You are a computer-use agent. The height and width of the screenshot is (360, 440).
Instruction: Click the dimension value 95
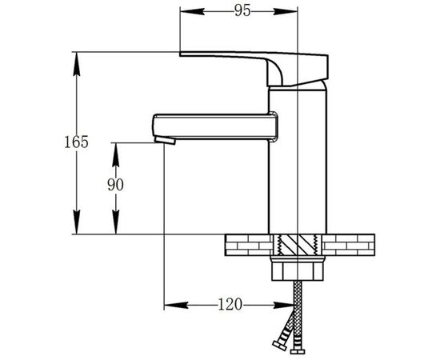point(242,11)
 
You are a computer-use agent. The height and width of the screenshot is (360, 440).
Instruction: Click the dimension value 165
point(76,142)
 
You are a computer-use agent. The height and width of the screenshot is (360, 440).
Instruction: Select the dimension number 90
point(115,185)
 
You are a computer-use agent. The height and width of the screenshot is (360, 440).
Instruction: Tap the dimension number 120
point(230,304)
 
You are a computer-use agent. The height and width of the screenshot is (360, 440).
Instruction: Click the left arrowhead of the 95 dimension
point(192,11)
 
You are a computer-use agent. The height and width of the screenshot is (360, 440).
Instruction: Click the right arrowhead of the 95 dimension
point(286,11)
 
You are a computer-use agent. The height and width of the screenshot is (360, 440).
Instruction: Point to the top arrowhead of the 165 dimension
point(76,64)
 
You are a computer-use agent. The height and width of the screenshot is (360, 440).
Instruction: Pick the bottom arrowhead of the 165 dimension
point(76,222)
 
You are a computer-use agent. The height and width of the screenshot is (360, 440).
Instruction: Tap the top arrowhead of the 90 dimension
point(116,155)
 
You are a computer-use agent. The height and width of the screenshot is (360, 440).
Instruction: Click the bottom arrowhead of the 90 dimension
point(116,222)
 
